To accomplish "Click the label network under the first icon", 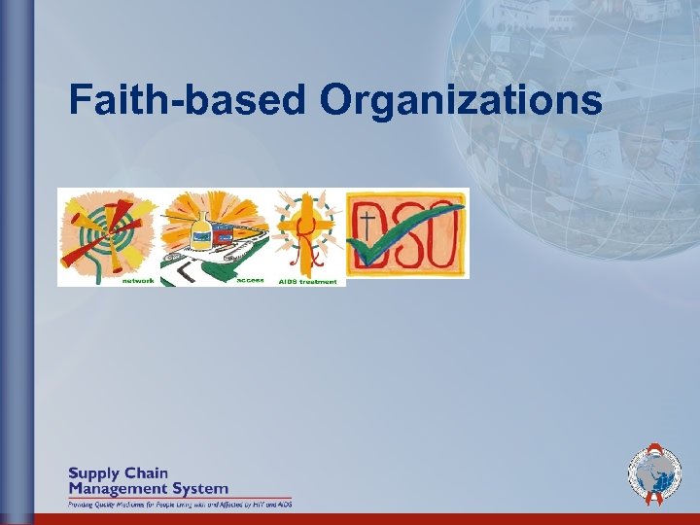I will (137, 281).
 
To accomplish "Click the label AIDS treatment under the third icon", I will (307, 281).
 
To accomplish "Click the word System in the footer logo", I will (200, 488).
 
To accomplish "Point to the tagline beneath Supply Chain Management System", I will (179, 504).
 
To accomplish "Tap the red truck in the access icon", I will (229, 237).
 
